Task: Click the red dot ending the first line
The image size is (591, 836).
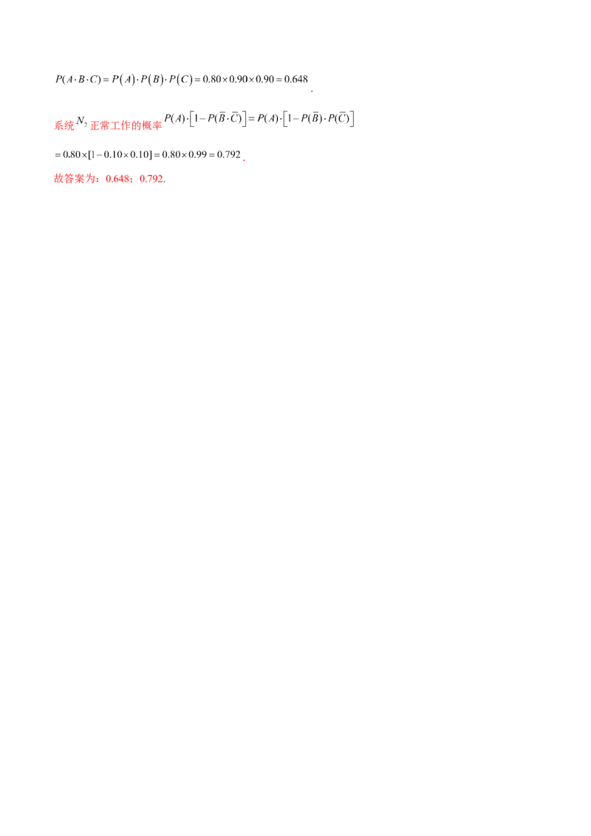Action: click(x=312, y=91)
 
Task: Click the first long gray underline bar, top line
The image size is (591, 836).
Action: click(x=214, y=86)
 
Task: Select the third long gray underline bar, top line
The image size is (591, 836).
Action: click(x=267, y=86)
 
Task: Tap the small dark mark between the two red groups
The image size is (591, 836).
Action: click(x=83, y=118)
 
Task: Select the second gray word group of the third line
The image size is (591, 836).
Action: click(x=126, y=154)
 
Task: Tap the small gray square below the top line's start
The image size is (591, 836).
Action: click(x=92, y=86)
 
